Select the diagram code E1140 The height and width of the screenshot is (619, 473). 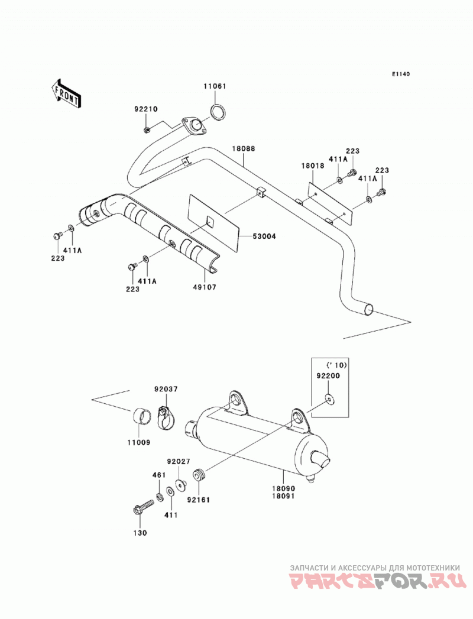coord(401,74)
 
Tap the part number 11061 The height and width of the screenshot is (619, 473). coord(215,86)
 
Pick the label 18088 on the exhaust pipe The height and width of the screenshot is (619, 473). coord(243,149)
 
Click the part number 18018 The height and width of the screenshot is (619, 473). coord(313,166)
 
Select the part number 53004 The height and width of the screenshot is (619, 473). coord(264,236)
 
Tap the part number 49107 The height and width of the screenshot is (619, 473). coord(205,287)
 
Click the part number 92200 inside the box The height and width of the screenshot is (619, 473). coord(328,376)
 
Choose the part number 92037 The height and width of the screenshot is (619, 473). coord(166,389)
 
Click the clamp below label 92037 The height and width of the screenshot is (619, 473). coord(164,417)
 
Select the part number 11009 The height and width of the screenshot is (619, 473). coord(138,443)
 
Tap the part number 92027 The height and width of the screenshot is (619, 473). coord(179,461)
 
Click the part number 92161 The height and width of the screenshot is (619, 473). coord(199,500)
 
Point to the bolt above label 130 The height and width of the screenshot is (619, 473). coord(143,507)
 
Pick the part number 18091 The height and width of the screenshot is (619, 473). coord(283,496)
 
